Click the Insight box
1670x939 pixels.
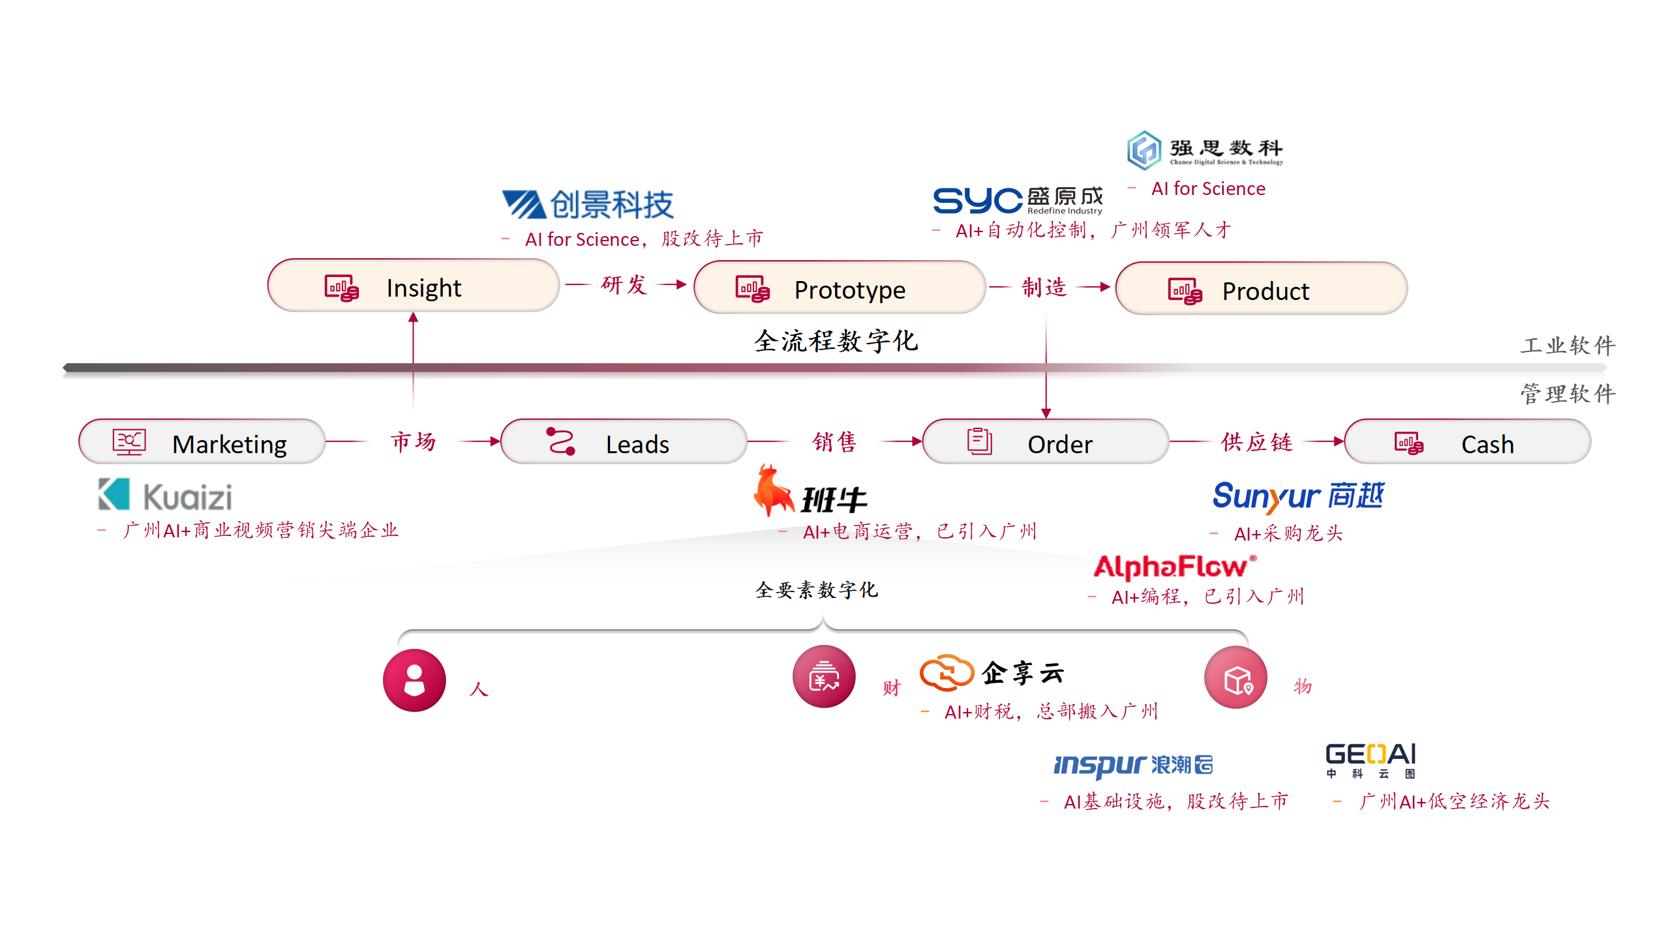(x=413, y=287)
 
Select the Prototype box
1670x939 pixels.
(x=840, y=289)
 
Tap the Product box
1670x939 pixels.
(x=1261, y=290)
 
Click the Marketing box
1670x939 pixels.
(x=202, y=443)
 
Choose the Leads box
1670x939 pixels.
(x=623, y=443)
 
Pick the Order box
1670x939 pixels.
(x=1045, y=443)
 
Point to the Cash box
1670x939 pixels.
(x=1467, y=443)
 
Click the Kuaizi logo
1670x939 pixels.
(x=165, y=496)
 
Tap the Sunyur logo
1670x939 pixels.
(x=1298, y=497)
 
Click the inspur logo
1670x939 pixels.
(x=1133, y=765)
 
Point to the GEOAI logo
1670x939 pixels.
(x=1371, y=760)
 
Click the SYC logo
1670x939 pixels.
(x=1017, y=200)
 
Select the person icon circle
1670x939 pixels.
(x=414, y=680)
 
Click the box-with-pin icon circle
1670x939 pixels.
(x=1236, y=678)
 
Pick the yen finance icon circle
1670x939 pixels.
(x=824, y=677)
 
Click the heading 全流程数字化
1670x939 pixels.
(x=836, y=341)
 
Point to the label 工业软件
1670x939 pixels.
(x=1568, y=345)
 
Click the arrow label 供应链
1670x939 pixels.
(x=1256, y=442)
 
